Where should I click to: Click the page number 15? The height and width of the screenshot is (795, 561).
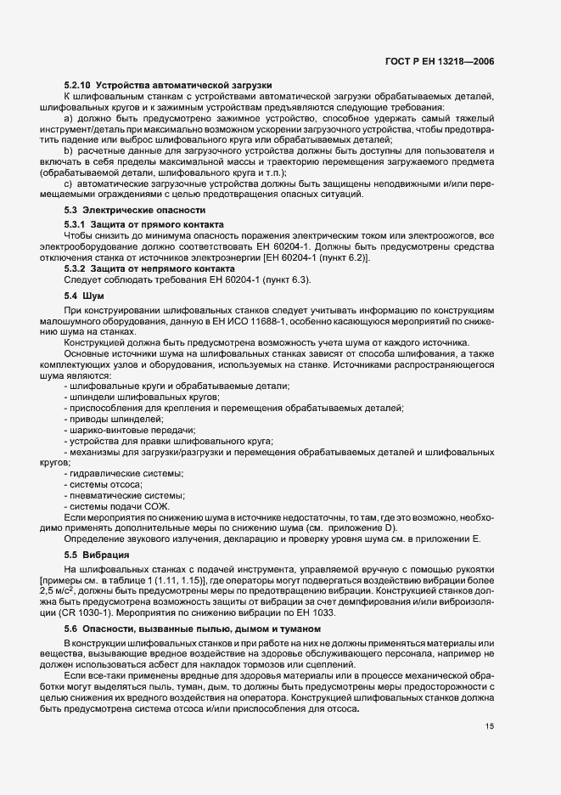point(491,679)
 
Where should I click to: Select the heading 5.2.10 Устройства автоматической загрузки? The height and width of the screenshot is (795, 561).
point(167,86)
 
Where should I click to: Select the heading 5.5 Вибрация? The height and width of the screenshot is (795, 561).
point(96,555)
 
